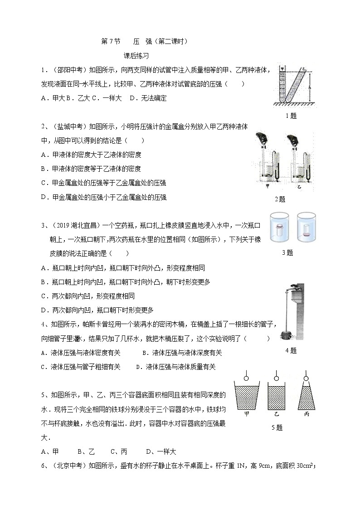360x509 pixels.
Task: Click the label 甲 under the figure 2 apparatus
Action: pos(267,186)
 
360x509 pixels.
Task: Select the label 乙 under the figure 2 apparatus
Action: pos(299,186)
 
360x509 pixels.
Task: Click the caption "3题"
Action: pos(287,253)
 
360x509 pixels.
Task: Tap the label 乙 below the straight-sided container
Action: pos(277,414)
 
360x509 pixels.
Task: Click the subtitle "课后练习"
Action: pos(136,56)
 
